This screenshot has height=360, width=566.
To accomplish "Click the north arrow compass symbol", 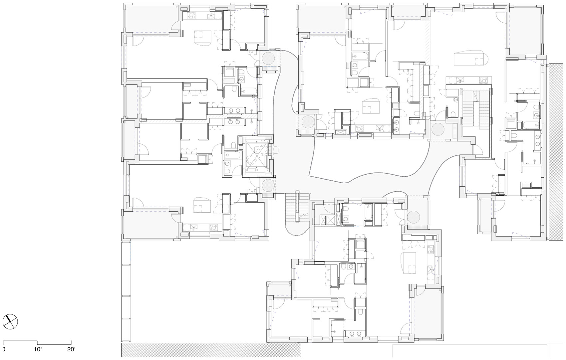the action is click(x=10, y=322).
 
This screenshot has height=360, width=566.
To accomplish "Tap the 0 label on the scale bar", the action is click(x=4, y=350).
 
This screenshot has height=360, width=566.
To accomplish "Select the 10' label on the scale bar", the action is click(x=38, y=350).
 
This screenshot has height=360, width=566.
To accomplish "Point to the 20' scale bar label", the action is click(x=71, y=350).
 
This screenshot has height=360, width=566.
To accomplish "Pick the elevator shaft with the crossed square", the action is click(x=256, y=156).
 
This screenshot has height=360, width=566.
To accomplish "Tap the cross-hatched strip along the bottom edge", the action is click(x=211, y=350).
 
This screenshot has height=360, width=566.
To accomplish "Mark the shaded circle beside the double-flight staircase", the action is click(x=438, y=129).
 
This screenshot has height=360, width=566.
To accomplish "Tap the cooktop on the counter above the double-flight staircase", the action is click(x=483, y=80).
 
